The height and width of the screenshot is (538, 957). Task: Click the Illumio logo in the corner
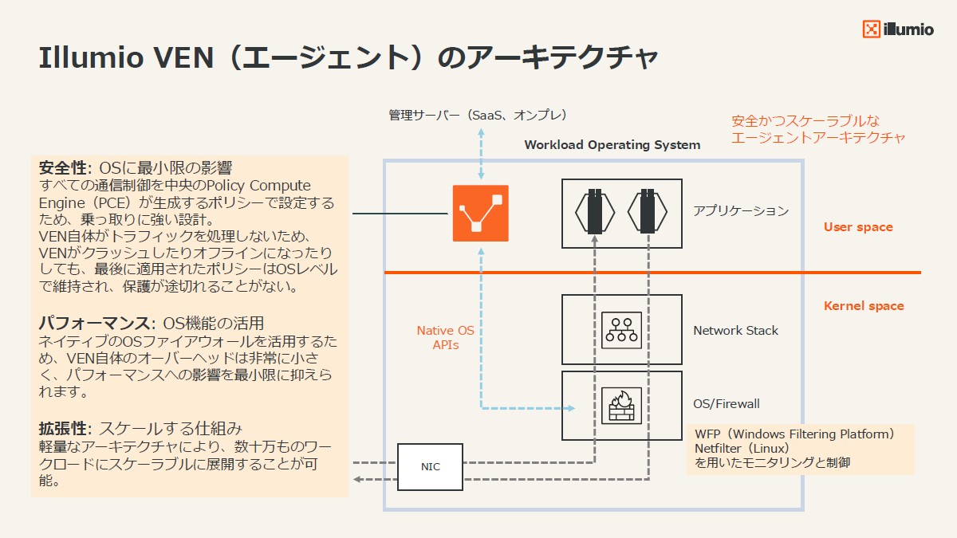point(897,29)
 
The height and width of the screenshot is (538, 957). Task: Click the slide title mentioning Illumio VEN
point(349,58)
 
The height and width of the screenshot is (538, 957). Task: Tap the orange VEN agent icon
point(480,213)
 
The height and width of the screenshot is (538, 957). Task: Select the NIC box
point(431,466)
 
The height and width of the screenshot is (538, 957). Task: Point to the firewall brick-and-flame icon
point(620,404)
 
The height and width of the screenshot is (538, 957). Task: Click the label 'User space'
point(858,227)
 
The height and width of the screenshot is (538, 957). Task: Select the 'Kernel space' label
point(864,306)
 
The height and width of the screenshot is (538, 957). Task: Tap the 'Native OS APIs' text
point(446,338)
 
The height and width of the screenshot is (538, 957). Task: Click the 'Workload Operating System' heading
point(612,145)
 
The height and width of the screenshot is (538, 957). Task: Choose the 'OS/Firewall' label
point(727,404)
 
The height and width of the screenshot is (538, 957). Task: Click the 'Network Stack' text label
point(735,331)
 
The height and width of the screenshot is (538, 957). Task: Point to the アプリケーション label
point(740,211)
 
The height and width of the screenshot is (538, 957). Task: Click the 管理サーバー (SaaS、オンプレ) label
point(478,116)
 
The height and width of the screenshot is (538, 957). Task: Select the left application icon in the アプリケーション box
point(595,211)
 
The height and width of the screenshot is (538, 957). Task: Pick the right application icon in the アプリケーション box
point(648,211)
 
